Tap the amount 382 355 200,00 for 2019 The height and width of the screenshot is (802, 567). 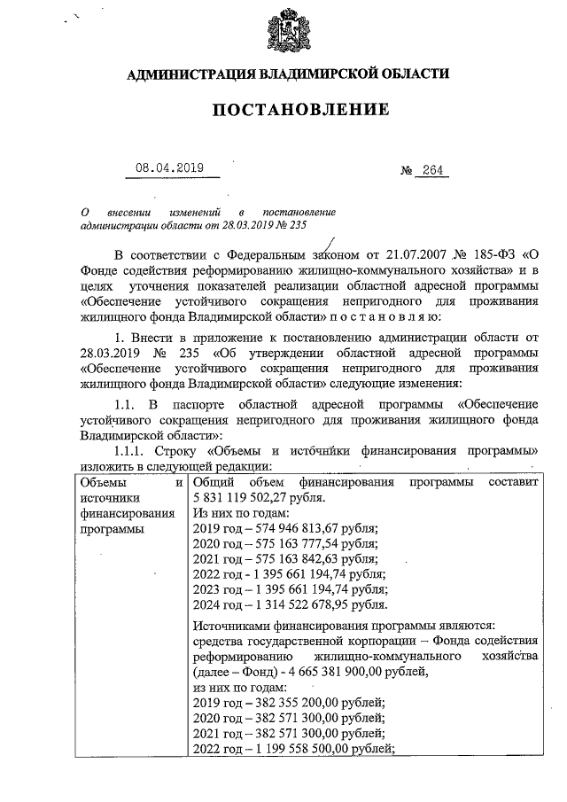291,702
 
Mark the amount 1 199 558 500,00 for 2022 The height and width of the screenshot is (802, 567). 298,748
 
